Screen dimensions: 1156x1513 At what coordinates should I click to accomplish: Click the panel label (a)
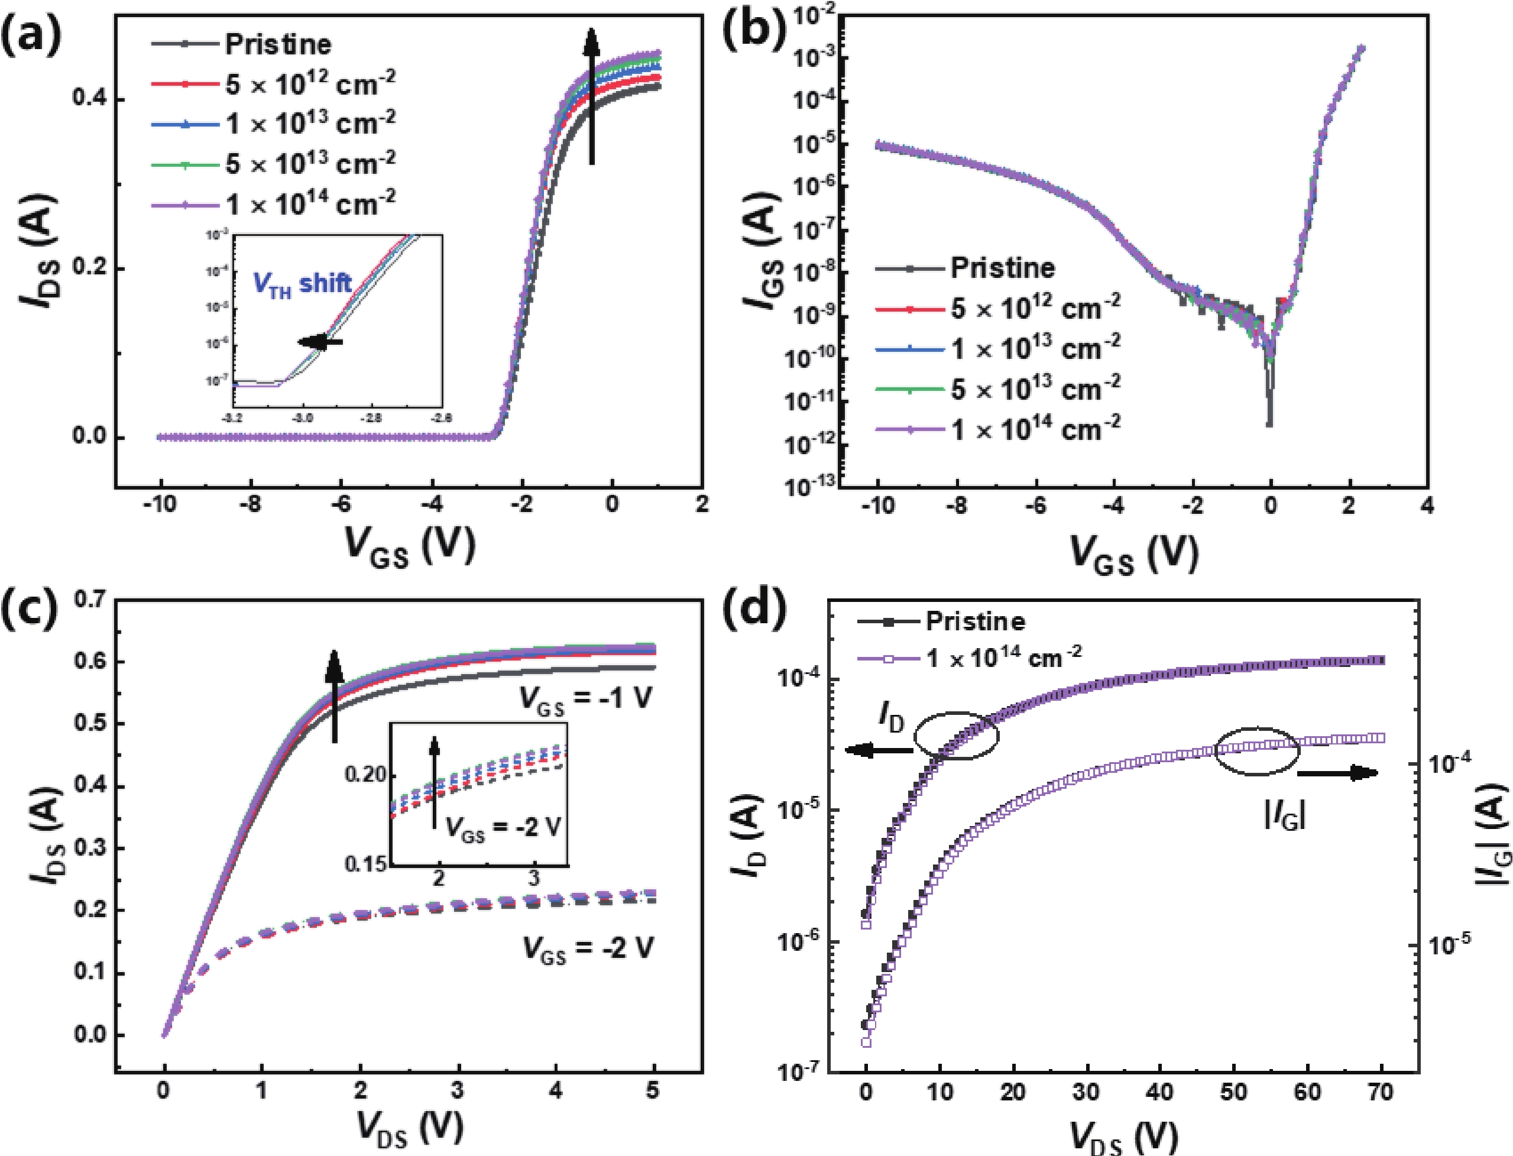click(31, 36)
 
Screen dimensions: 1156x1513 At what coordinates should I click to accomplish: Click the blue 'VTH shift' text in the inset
click(303, 283)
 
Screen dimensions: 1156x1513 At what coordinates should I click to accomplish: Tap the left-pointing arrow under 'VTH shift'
click(320, 342)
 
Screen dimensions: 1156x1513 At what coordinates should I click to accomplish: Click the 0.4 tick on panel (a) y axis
click(90, 100)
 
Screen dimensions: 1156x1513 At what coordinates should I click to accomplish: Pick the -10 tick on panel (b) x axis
click(877, 506)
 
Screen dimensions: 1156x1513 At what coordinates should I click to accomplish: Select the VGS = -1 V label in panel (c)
click(585, 700)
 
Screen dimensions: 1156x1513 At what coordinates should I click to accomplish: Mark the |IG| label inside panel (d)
click(1285, 817)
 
